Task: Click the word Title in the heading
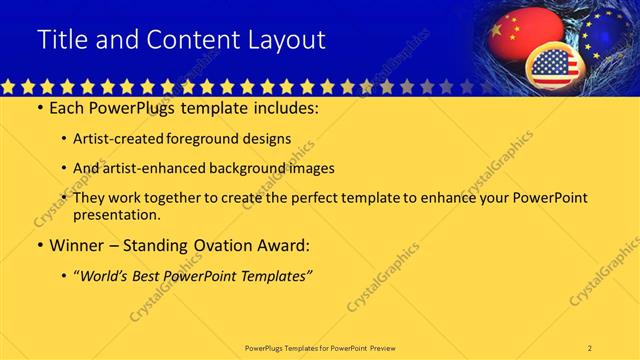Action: point(61,40)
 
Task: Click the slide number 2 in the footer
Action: point(590,348)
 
